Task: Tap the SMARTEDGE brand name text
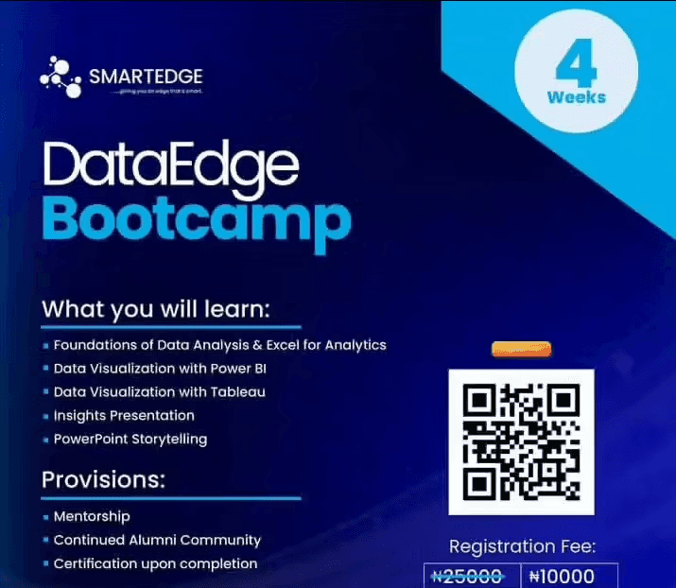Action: click(146, 76)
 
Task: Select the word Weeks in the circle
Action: click(576, 97)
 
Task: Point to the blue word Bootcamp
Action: click(196, 218)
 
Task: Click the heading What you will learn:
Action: click(156, 309)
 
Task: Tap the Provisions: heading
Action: click(103, 479)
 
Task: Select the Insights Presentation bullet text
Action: click(124, 415)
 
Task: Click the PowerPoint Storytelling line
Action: click(130, 439)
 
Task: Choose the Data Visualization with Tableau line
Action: click(159, 391)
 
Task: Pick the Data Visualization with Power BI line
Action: click(160, 368)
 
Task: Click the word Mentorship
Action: click(92, 516)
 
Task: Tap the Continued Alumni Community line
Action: click(157, 540)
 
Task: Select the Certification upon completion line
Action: click(155, 563)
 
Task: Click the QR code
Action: click(521, 441)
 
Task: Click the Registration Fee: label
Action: click(522, 546)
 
